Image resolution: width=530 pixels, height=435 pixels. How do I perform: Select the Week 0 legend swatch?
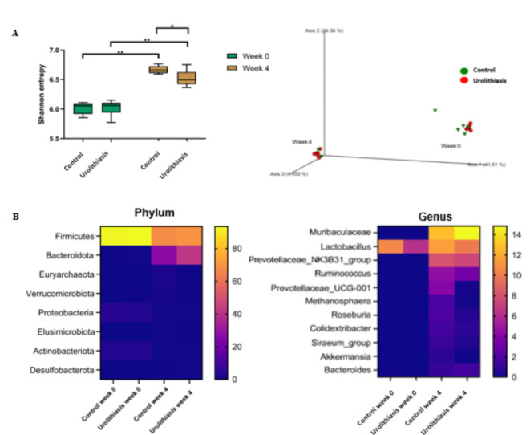pyautogui.click(x=233, y=56)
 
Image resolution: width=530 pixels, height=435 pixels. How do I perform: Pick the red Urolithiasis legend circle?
pyautogui.click(x=465, y=80)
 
